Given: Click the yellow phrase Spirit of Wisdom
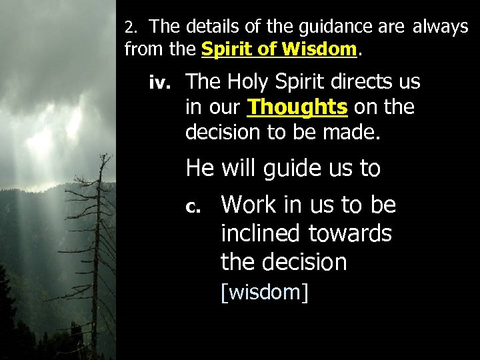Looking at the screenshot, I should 279,49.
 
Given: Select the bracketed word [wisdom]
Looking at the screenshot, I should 265,292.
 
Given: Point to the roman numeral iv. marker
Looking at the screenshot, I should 161,83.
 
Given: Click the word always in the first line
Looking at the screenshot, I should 441,27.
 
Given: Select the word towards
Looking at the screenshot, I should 350,233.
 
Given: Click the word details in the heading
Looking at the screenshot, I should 209,27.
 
